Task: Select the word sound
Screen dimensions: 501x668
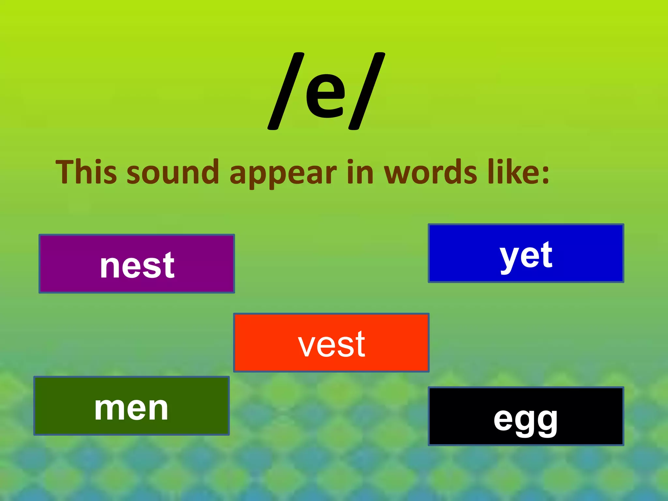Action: (x=173, y=172)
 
